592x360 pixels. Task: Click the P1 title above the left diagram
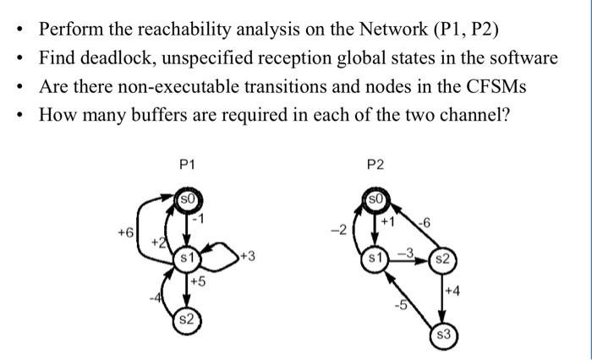pos(187,166)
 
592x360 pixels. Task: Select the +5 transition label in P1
pos(200,281)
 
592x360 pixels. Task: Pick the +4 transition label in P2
pos(455,292)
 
